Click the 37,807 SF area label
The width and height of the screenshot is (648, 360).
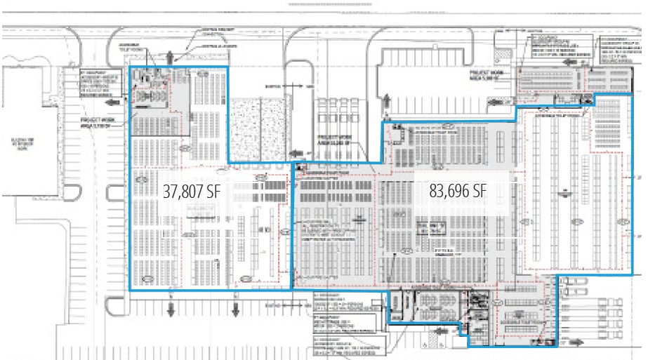click(x=192, y=191)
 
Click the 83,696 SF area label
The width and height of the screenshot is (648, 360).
click(x=457, y=191)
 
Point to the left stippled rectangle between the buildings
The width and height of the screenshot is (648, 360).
click(x=245, y=130)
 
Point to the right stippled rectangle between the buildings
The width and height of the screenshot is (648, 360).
click(x=275, y=130)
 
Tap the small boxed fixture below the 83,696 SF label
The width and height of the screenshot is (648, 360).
click(x=430, y=227)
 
